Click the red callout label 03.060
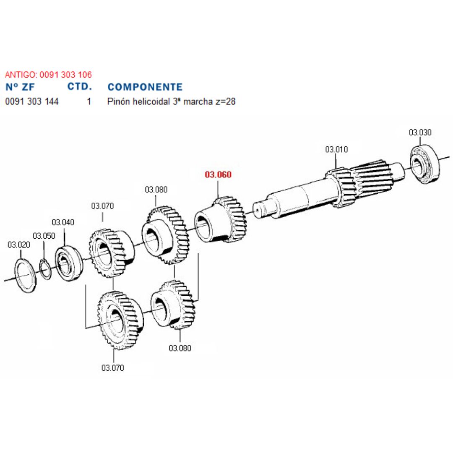pyautogui.click(x=218, y=174)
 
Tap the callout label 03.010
pyautogui.click(x=336, y=150)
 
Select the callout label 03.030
pyautogui.click(x=420, y=133)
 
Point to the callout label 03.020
pyautogui.click(x=19, y=245)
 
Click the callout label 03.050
pyautogui.click(x=44, y=236)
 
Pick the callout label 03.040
pyautogui.click(x=63, y=222)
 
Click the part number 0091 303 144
pyautogui.click(x=32, y=102)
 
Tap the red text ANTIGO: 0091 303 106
pyautogui.click(x=48, y=75)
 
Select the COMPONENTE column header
pyautogui.click(x=145, y=87)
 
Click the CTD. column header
pyautogui.click(x=80, y=87)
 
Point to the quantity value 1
pyautogui.click(x=89, y=102)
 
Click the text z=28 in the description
pyautogui.click(x=225, y=102)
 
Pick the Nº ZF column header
pyautogui.click(x=20, y=87)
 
